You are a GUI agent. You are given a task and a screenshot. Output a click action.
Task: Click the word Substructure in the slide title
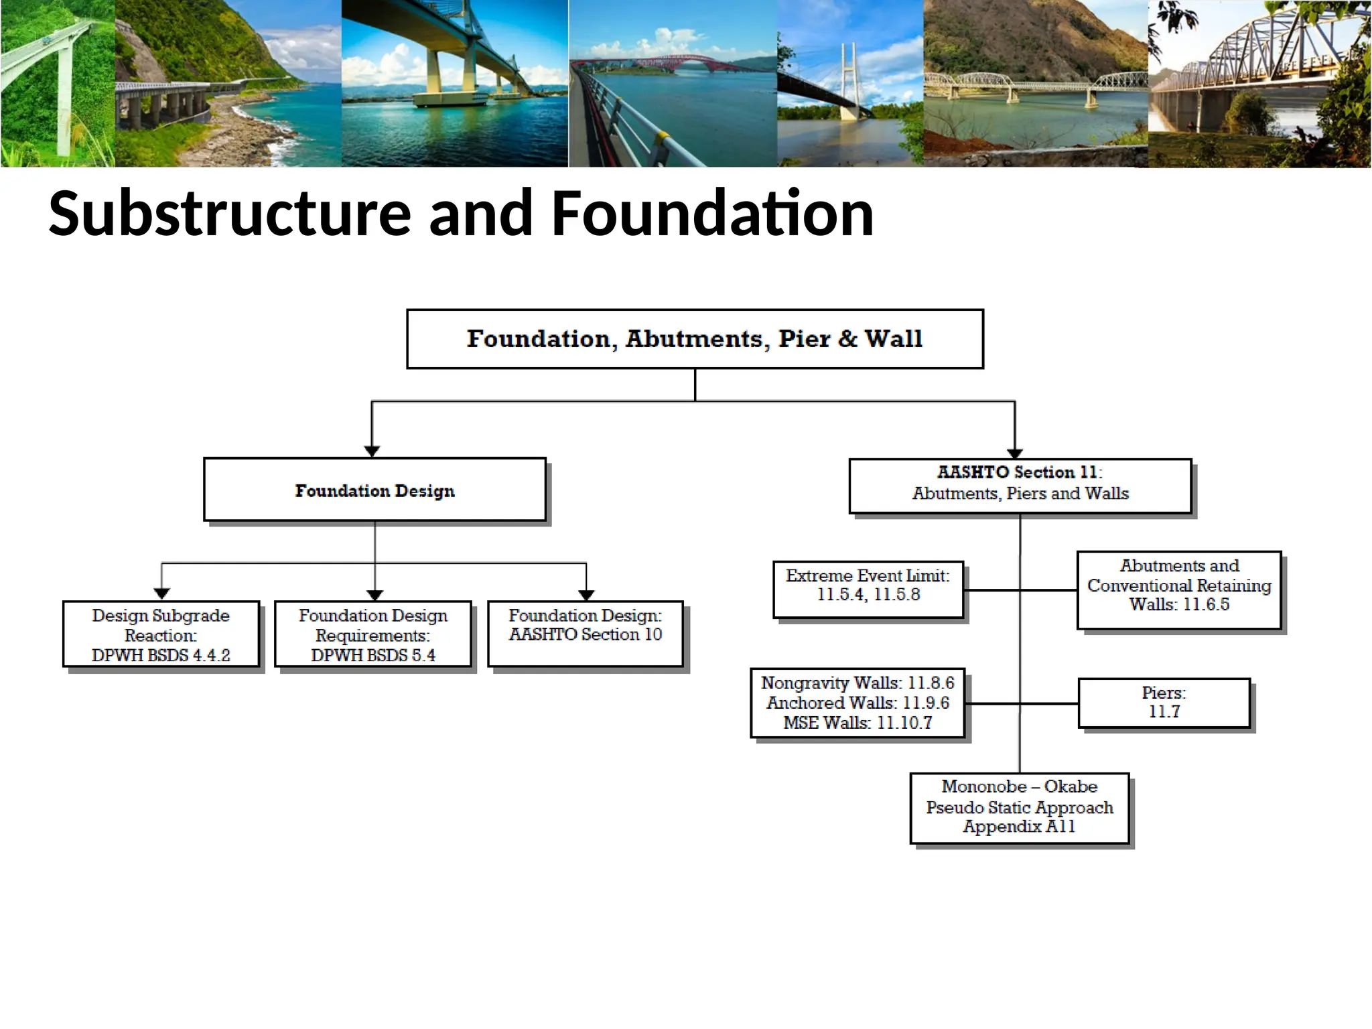pyautogui.click(x=229, y=214)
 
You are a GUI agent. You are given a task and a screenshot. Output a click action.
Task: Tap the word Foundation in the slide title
pyautogui.click(x=712, y=214)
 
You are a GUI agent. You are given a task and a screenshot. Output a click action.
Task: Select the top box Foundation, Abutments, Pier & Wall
pyautogui.click(x=695, y=339)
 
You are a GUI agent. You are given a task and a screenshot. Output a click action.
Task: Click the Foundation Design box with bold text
pyautogui.click(x=374, y=490)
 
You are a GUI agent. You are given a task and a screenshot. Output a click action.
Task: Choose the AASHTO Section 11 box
pyautogui.click(x=1020, y=486)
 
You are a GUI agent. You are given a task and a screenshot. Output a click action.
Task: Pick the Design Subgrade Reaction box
pyautogui.click(x=161, y=634)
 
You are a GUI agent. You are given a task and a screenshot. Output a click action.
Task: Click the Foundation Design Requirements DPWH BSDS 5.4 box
pyautogui.click(x=373, y=634)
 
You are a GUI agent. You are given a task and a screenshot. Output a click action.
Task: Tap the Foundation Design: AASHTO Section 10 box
pyautogui.click(x=585, y=634)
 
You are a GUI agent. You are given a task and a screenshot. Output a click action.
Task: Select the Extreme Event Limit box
pyautogui.click(x=868, y=590)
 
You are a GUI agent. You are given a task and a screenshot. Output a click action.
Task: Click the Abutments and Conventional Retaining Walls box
pyautogui.click(x=1179, y=590)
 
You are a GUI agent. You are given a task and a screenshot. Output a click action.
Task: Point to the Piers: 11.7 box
pyautogui.click(x=1164, y=703)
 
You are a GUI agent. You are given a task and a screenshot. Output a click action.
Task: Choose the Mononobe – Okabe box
pyautogui.click(x=1019, y=808)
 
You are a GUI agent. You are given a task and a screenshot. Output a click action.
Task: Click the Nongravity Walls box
pyautogui.click(x=857, y=703)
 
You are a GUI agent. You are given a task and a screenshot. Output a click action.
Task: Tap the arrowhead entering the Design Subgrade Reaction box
pyautogui.click(x=161, y=594)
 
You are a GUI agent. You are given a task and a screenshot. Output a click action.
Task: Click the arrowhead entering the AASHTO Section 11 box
pyautogui.click(x=1015, y=454)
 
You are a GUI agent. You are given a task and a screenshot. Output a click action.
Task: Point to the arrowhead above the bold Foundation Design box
pyautogui.click(x=372, y=452)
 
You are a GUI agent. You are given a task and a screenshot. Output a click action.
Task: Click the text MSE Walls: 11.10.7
pyautogui.click(x=857, y=723)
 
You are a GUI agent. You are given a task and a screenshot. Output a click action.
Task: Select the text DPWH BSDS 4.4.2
pyautogui.click(x=161, y=655)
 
